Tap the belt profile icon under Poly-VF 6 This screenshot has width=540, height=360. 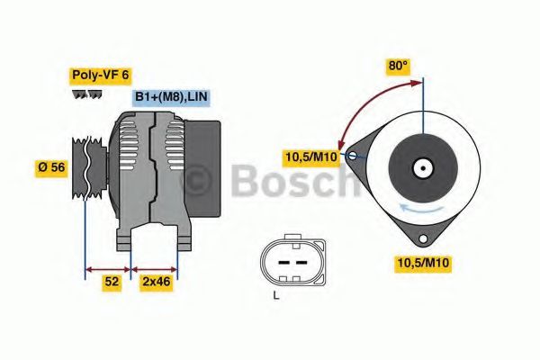pos(86,94)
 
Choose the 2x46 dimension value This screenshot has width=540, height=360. pos(156,282)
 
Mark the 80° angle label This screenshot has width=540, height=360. pos(398,65)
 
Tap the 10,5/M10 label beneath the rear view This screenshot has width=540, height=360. pos(424,263)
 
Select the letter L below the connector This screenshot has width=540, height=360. pos(277,294)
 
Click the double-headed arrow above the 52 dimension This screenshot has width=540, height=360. pos(108,267)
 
